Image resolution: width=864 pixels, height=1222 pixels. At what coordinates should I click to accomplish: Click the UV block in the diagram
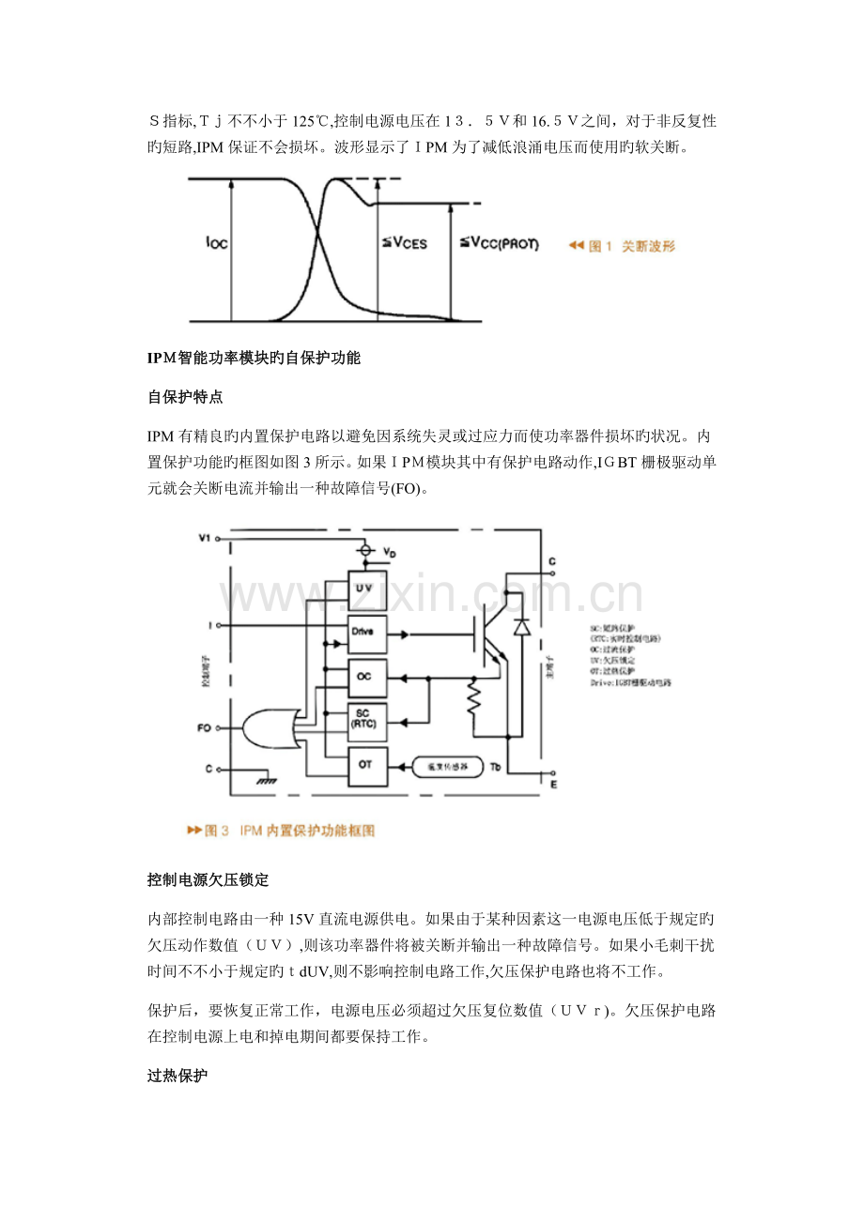[367, 588]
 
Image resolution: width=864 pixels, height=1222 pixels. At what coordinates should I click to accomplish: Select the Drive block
[367, 632]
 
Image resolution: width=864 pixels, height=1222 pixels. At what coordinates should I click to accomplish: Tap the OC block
[367, 677]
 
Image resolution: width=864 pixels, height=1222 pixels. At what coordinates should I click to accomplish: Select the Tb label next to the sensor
[498, 767]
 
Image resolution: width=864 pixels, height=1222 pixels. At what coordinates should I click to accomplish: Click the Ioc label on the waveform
[216, 244]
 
